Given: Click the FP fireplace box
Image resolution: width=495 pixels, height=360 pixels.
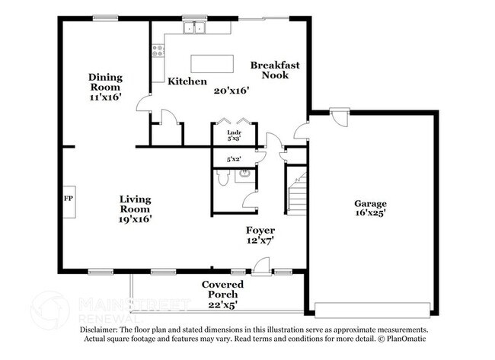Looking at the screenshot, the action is [x=69, y=202].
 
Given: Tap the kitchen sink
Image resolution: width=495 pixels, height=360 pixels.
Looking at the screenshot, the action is [x=194, y=27].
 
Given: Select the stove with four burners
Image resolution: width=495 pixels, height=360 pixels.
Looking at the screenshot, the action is [x=158, y=50].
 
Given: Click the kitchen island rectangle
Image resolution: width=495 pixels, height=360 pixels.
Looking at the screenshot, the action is [x=212, y=64].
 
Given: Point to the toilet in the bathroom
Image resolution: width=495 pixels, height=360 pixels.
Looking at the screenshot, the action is [x=222, y=177].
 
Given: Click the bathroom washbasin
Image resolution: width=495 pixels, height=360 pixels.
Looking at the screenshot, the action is [x=245, y=174].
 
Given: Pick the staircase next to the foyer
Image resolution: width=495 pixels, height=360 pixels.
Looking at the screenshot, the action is [x=297, y=194].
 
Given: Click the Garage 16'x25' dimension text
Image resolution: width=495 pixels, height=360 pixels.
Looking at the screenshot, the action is [x=370, y=213].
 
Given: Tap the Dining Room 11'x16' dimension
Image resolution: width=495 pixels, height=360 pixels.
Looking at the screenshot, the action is [x=105, y=97].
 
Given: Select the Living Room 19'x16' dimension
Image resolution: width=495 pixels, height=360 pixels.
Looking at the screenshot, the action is [x=135, y=219].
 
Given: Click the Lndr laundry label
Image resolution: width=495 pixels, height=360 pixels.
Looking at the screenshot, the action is [x=235, y=133].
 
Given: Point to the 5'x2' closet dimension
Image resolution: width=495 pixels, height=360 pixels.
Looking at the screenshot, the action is [x=234, y=160].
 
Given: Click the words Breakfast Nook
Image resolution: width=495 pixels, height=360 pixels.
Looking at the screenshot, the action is [x=275, y=70].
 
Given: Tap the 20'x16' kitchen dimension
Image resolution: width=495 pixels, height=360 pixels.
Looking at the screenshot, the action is [x=232, y=91].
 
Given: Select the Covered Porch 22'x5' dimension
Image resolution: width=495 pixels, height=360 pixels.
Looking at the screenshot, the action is [x=222, y=305].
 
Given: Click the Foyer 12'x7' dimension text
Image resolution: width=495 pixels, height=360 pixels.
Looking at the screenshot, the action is [x=260, y=241].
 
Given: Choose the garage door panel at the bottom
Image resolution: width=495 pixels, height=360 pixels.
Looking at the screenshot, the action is [x=372, y=310].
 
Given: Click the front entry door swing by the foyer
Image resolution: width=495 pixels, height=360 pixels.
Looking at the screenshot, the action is [x=261, y=266].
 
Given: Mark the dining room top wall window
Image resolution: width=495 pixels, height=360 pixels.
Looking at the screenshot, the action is [x=105, y=18].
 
